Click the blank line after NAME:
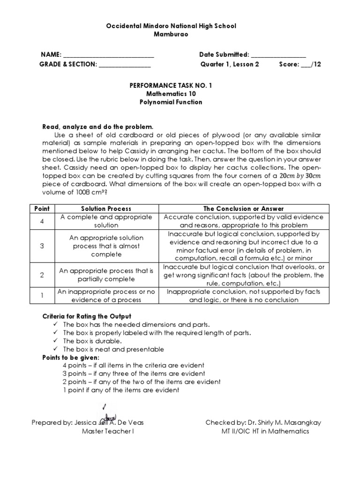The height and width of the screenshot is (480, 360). [108, 55]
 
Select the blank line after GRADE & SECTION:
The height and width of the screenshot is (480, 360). [125, 65]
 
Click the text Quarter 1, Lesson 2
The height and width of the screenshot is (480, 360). [230, 64]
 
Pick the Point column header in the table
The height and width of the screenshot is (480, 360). [42, 208]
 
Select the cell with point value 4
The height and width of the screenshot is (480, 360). [42, 221]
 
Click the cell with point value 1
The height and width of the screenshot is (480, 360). [42, 296]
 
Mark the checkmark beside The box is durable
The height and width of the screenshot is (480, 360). [56, 341]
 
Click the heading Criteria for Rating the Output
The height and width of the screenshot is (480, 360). [87, 316]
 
